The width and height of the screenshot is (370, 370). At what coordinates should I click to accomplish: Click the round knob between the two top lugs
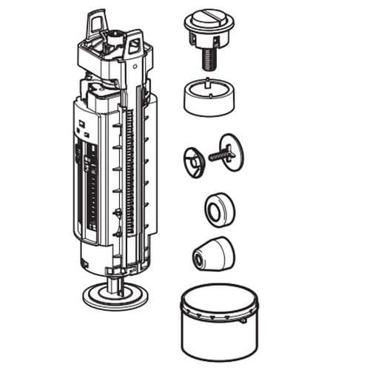coord(117,35)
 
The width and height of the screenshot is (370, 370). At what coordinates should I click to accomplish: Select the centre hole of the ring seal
coord(214,212)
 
